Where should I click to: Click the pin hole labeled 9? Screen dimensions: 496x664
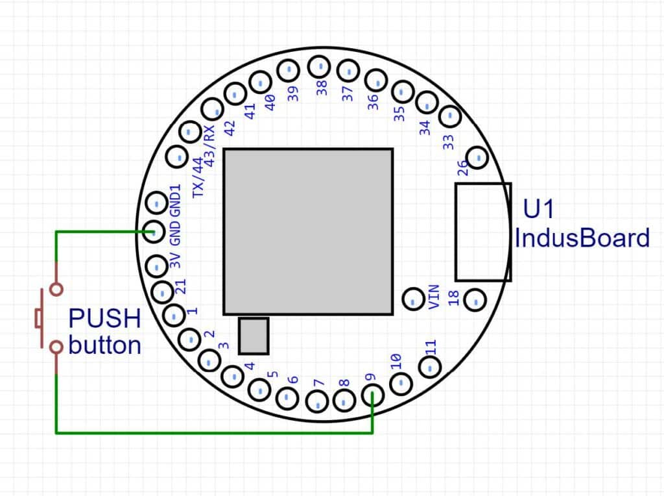click(372, 395)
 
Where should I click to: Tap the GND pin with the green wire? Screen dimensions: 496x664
click(155, 231)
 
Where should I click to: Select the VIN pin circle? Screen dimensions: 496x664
click(413, 299)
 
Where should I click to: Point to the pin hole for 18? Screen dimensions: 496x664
click(475, 299)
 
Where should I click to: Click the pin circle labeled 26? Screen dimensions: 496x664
click(477, 156)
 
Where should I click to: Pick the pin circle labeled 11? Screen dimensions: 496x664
click(429, 367)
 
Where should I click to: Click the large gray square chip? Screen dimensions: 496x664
click(308, 231)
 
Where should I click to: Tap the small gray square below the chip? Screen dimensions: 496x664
click(253, 336)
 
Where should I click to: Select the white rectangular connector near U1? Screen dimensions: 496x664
click(483, 232)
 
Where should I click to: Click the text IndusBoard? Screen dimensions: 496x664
click(582, 238)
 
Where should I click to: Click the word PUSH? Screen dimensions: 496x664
click(104, 319)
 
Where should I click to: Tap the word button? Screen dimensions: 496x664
click(104, 345)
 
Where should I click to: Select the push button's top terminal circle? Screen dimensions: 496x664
click(56, 289)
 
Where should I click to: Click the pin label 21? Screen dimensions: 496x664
click(181, 286)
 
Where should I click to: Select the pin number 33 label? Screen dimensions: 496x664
click(448, 142)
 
